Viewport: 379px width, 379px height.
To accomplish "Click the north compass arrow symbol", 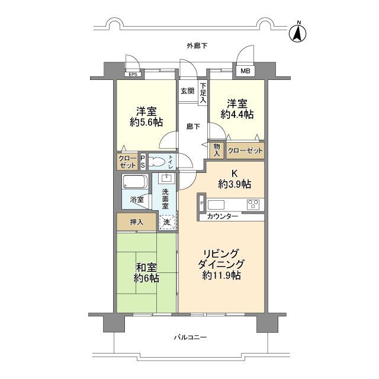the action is coord(297,33).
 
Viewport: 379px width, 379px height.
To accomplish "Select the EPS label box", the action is coord(133,75).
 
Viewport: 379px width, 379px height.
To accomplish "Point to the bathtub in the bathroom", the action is coord(135,181).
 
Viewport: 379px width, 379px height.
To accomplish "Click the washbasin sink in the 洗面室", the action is coord(167,178).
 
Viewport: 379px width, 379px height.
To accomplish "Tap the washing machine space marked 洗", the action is coord(167,222).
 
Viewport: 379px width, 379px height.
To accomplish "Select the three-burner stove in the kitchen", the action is coord(253,204).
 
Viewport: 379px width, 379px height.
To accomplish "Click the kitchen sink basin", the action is coord(216,204).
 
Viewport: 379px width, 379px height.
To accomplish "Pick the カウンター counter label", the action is coord(223,217).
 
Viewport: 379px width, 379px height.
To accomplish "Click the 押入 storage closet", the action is coord(136,221).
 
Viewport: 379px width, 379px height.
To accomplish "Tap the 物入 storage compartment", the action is coord(217,150).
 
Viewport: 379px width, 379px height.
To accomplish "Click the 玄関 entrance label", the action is coord(187,91).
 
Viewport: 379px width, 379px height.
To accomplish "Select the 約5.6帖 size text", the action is coord(146,123).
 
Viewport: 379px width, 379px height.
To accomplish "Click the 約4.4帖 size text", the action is coord(237,114).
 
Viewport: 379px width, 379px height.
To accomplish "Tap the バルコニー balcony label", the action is coord(190,337).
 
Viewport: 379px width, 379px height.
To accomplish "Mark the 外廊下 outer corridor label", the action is coord(197,46).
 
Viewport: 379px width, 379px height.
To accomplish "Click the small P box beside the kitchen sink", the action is coord(202,203).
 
